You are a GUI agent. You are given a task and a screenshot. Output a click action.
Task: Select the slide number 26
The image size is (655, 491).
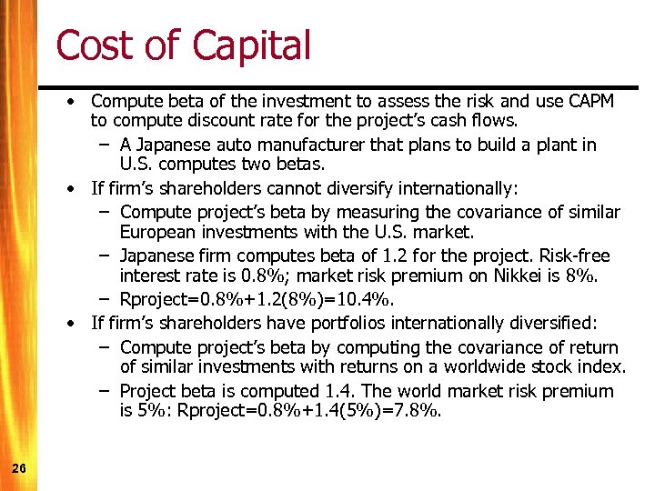pos(19,468)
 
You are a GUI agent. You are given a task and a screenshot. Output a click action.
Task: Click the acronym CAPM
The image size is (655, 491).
pos(589,101)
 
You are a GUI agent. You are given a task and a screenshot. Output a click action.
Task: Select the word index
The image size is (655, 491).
pos(603,366)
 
